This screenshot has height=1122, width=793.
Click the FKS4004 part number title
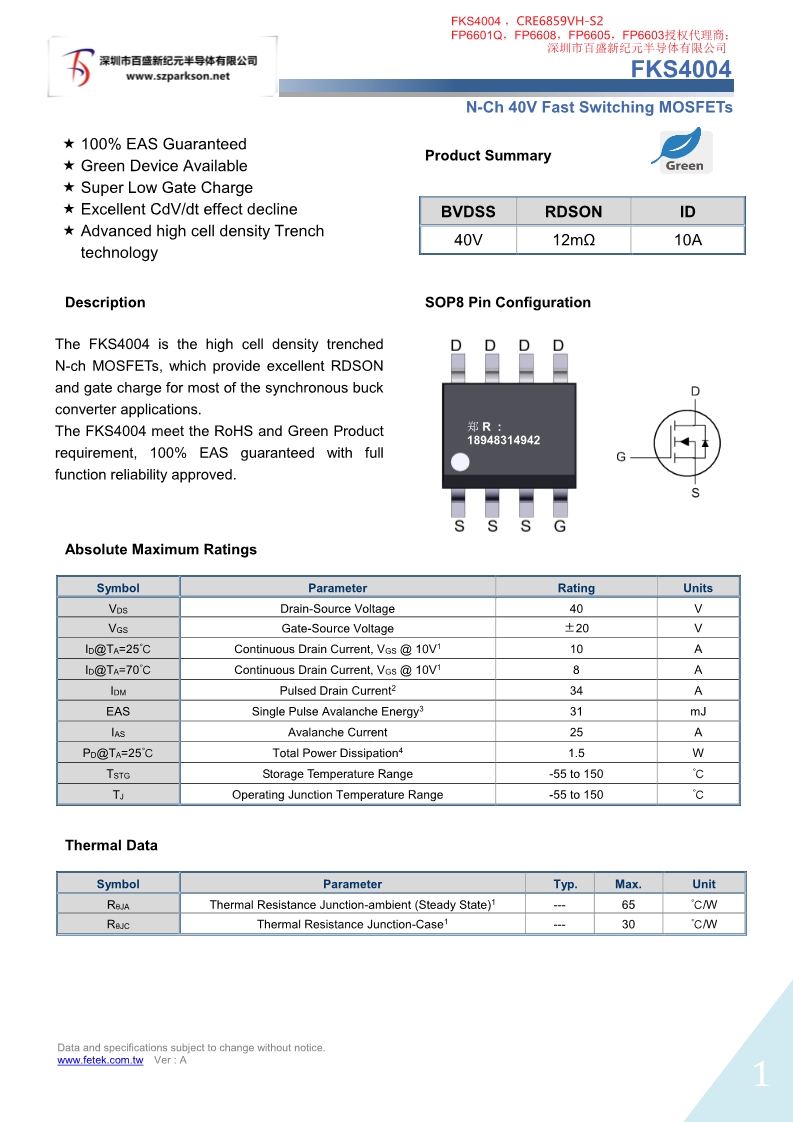(681, 69)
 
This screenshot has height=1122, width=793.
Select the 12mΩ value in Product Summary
(574, 240)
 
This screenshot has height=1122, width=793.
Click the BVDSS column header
(468, 211)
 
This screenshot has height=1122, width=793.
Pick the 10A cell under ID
(688, 240)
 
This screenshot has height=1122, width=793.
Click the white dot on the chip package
(460, 462)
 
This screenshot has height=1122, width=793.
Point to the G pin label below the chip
(560, 525)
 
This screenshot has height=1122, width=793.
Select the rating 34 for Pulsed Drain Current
(576, 691)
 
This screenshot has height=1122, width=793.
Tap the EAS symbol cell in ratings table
(118, 711)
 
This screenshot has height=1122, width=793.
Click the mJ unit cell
(698, 711)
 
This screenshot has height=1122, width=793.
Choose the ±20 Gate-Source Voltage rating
(576, 628)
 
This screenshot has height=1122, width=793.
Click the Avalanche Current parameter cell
(338, 732)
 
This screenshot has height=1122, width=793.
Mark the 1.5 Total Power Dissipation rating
(576, 753)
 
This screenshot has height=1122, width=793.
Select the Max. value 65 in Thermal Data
(628, 904)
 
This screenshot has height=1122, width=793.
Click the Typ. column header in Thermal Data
(566, 884)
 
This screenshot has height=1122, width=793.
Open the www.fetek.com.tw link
(100, 1060)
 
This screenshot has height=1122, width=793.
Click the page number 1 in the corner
(761, 1075)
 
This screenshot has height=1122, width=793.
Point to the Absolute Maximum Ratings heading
(161, 549)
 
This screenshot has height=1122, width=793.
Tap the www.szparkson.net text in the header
(178, 76)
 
